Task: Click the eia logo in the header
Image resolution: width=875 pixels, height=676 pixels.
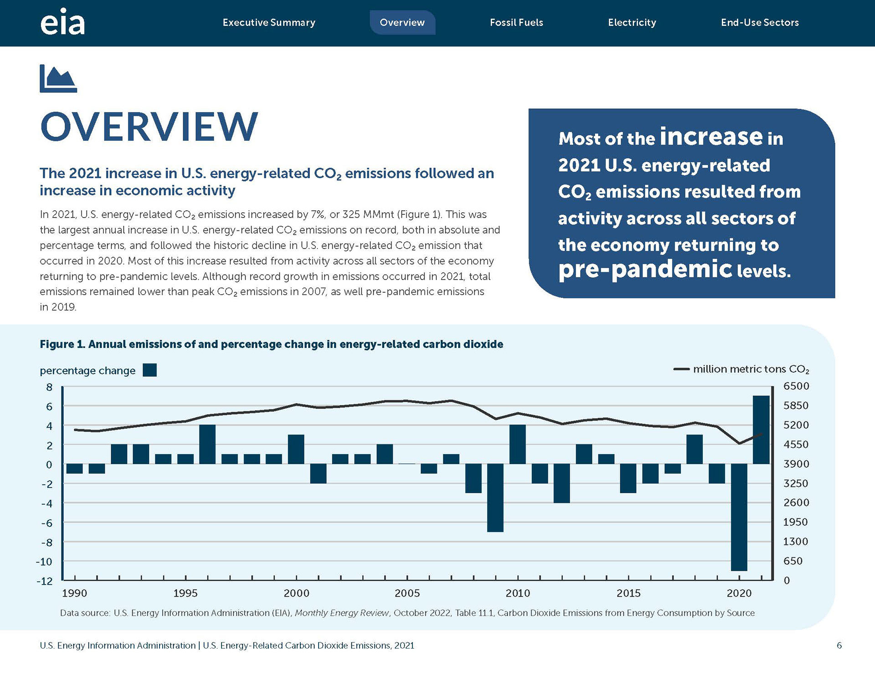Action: click(x=62, y=22)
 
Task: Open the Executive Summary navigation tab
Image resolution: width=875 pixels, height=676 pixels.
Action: click(x=269, y=22)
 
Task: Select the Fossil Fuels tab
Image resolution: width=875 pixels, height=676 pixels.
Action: click(x=516, y=22)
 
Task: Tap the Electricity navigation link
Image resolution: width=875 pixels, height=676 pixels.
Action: click(x=632, y=22)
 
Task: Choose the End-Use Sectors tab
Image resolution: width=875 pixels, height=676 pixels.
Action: click(x=760, y=22)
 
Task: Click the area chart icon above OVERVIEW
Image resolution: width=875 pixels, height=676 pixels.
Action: click(x=58, y=78)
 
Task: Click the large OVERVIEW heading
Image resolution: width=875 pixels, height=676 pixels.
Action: click(x=149, y=126)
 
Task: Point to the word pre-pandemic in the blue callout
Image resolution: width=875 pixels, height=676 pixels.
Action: click(x=645, y=269)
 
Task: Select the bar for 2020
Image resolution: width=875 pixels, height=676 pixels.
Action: click(x=739, y=517)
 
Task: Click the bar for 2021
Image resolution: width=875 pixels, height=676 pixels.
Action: click(x=761, y=430)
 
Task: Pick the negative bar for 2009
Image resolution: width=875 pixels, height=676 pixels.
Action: click(x=495, y=497)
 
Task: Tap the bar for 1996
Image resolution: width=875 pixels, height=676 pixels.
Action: click(x=207, y=444)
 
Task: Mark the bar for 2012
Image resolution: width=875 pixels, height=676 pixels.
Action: click(x=561, y=483)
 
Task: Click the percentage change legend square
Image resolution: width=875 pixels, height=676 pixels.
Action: click(x=149, y=370)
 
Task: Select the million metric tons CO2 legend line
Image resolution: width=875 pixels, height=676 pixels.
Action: click(x=681, y=369)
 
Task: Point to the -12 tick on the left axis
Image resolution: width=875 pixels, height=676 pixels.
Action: click(x=44, y=581)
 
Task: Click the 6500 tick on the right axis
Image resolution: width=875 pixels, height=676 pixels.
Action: click(x=796, y=386)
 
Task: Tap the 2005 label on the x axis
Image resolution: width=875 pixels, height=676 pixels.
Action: click(x=407, y=593)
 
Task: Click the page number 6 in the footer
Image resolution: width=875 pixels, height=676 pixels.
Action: click(x=839, y=645)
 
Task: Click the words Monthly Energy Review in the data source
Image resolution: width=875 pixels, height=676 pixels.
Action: click(x=342, y=613)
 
